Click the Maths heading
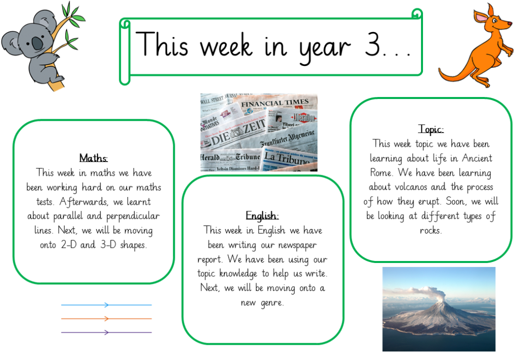(93, 158)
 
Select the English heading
(262, 216)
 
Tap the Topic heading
(431, 129)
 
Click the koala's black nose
(37, 44)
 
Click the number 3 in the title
(372, 44)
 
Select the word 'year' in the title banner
(324, 48)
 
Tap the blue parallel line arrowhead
(107, 305)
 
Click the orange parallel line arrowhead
(107, 318)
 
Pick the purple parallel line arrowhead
(107, 332)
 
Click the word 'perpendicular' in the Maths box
(133, 216)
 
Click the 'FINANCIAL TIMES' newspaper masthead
(275, 103)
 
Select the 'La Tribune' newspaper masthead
(287, 158)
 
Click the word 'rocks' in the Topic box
(430, 231)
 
